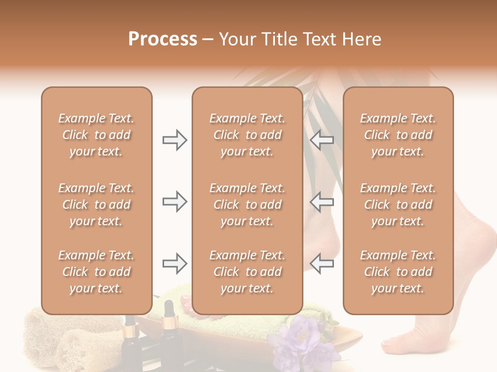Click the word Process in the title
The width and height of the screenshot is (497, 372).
(163, 39)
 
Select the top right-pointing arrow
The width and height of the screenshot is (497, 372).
(174, 140)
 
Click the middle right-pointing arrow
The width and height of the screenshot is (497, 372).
(174, 202)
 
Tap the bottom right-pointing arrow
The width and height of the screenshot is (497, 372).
(174, 264)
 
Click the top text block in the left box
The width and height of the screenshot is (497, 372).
(96, 135)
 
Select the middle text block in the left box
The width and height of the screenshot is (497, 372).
(96, 205)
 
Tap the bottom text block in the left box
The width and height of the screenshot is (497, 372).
(96, 272)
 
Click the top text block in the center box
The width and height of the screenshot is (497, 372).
(247, 135)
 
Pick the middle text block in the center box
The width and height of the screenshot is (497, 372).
(247, 205)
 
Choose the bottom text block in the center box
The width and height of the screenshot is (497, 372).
(247, 272)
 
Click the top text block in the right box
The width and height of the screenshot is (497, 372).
(398, 135)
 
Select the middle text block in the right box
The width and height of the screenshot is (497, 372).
(398, 205)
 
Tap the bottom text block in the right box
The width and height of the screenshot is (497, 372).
(398, 272)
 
